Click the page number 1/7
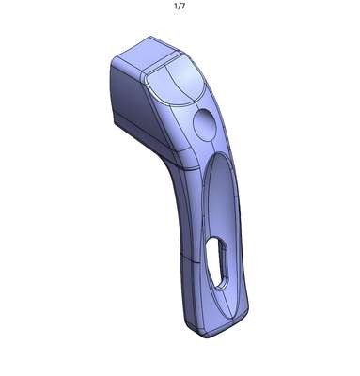(x=180, y=6)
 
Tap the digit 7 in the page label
(x=183, y=6)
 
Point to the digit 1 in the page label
(x=176, y=6)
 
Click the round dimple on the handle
(x=205, y=125)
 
